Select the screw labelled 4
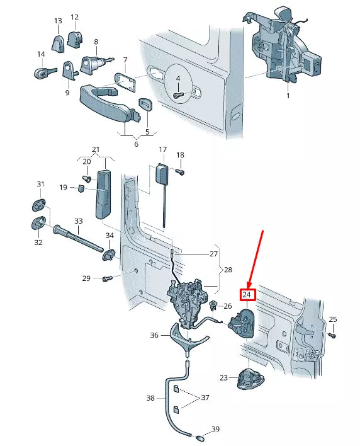point(178,95)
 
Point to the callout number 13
point(58,21)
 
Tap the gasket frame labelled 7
point(125,82)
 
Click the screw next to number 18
point(179,172)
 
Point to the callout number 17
point(162,150)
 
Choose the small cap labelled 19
point(81,188)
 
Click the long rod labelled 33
point(77,238)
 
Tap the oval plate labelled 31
point(38,205)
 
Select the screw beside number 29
point(107,278)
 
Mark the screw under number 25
point(332,336)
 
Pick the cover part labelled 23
point(250,379)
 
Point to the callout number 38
point(150,398)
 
